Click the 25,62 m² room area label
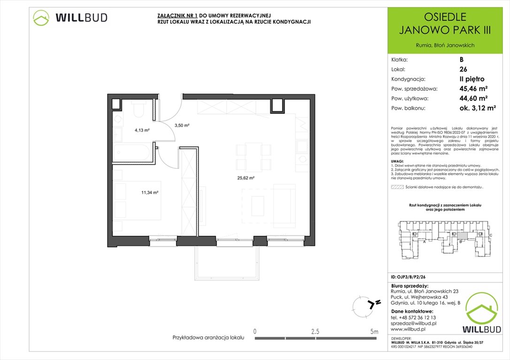tap(245, 178)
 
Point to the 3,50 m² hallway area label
tap(182, 125)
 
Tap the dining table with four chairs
tap(254, 157)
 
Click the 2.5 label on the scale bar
tap(315, 331)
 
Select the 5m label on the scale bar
tap(373, 331)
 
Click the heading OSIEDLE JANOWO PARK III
tap(445, 24)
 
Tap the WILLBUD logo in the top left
tap(70, 18)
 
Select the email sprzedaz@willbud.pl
tap(413, 323)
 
